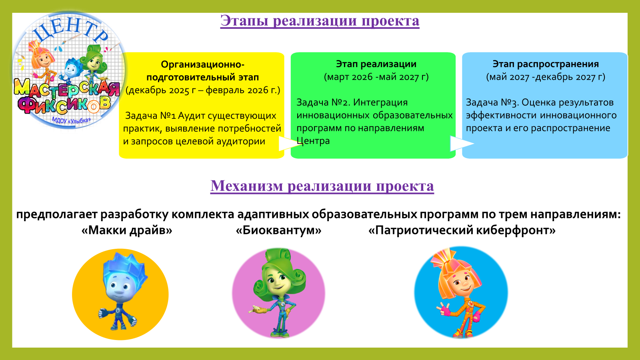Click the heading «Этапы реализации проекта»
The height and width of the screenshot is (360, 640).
coord(320,21)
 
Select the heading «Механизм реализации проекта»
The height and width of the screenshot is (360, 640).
coord(322,186)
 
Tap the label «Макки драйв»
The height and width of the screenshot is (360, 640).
coord(127,230)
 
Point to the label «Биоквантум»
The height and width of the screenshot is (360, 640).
coord(278,230)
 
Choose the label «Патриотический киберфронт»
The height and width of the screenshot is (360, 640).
coord(462,230)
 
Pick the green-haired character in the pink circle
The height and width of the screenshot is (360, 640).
coord(278,293)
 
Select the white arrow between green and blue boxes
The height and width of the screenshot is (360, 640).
coord(462,143)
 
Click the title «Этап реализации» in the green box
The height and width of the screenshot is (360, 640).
coord(376,64)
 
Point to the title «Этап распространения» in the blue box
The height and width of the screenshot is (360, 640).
coord(546,64)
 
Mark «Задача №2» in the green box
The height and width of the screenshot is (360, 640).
coord(324,102)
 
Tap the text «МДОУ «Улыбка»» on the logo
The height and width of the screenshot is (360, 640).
coord(71,120)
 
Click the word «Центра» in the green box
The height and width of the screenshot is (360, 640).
coord(313,141)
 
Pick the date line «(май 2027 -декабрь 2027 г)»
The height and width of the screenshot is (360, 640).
coord(546,77)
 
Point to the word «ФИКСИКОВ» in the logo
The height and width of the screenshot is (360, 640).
coord(64,105)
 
